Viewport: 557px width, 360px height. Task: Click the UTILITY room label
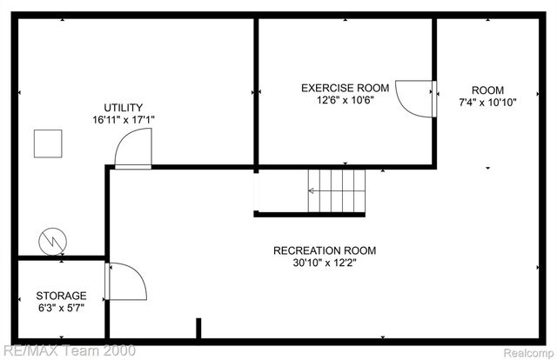click(124, 108)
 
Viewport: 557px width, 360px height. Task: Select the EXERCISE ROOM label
click(345, 88)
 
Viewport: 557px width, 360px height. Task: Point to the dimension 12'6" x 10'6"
click(345, 100)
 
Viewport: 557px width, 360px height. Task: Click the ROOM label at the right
click(487, 90)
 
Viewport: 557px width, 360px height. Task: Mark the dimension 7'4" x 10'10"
click(487, 102)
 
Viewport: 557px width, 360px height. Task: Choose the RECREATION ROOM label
click(325, 251)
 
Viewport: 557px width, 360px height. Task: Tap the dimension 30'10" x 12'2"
click(325, 263)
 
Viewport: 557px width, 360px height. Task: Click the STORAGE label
click(61, 296)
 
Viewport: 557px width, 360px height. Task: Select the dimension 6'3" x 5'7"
click(61, 308)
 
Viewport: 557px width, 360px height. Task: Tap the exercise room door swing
click(415, 97)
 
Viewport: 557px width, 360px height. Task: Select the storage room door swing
click(122, 280)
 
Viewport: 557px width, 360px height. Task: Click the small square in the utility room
click(47, 143)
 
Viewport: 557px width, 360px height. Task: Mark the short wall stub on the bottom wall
click(198, 329)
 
